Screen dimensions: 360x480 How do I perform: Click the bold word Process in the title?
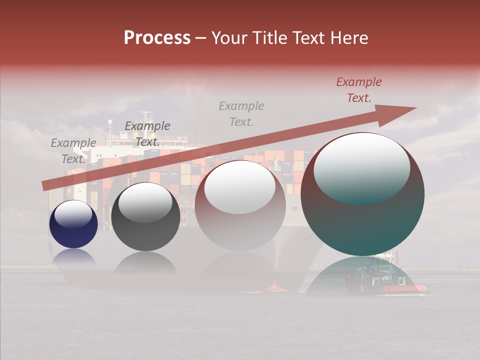tap(157, 38)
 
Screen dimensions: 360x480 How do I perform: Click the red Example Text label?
tap(358, 90)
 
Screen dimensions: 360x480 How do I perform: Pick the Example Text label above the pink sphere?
tap(241, 114)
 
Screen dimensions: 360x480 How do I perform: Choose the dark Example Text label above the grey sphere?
tap(147, 134)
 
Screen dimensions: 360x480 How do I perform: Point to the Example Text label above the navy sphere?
tap(73, 151)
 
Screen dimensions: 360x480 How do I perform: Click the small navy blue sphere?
tap(73, 224)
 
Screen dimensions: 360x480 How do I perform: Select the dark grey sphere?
tap(145, 216)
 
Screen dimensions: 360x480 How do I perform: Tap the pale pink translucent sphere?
tap(240, 205)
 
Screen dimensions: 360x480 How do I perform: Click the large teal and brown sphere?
tap(362, 194)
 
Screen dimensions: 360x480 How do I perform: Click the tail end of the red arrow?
tap(45, 186)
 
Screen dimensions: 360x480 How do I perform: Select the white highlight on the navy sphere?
tap(73, 214)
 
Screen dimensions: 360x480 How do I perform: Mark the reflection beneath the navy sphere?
tap(73, 257)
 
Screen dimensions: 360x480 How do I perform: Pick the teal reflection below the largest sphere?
tap(362, 275)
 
